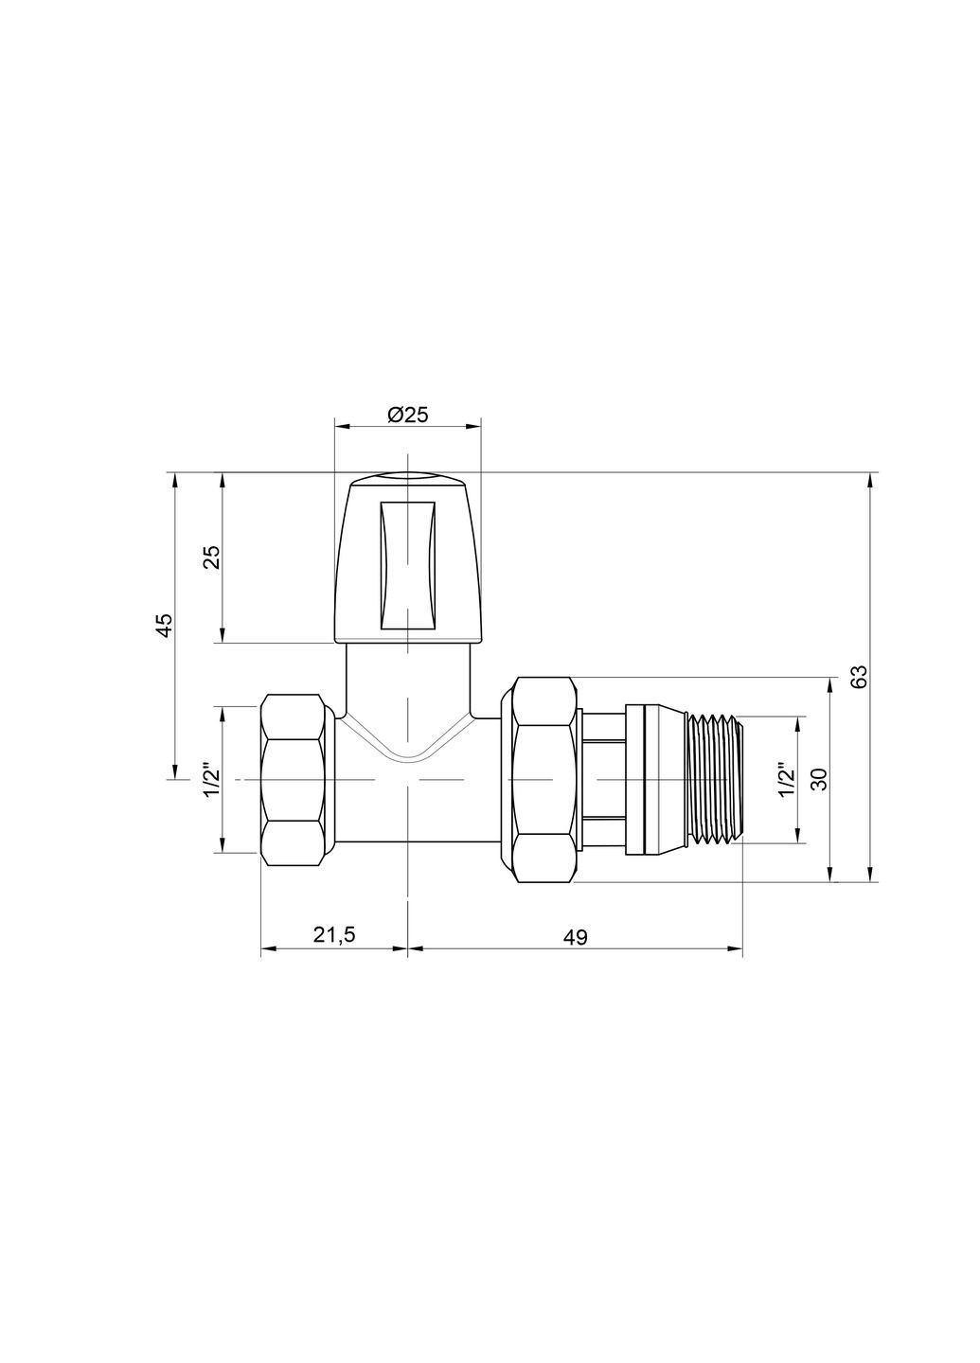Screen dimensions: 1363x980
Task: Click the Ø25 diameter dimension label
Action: pos(408,415)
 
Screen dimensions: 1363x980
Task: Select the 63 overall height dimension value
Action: pos(859,677)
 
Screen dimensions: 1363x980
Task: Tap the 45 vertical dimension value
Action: pos(164,625)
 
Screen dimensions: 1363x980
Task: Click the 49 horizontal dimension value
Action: pos(575,937)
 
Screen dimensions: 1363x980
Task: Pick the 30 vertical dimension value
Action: pos(820,779)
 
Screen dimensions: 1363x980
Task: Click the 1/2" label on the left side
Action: pos(211,779)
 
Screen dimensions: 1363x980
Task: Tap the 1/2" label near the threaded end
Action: pos(784,780)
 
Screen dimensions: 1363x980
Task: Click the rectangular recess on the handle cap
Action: pos(408,565)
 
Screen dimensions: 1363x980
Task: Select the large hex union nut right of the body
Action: pos(543,780)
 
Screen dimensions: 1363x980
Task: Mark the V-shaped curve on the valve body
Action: pos(408,743)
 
